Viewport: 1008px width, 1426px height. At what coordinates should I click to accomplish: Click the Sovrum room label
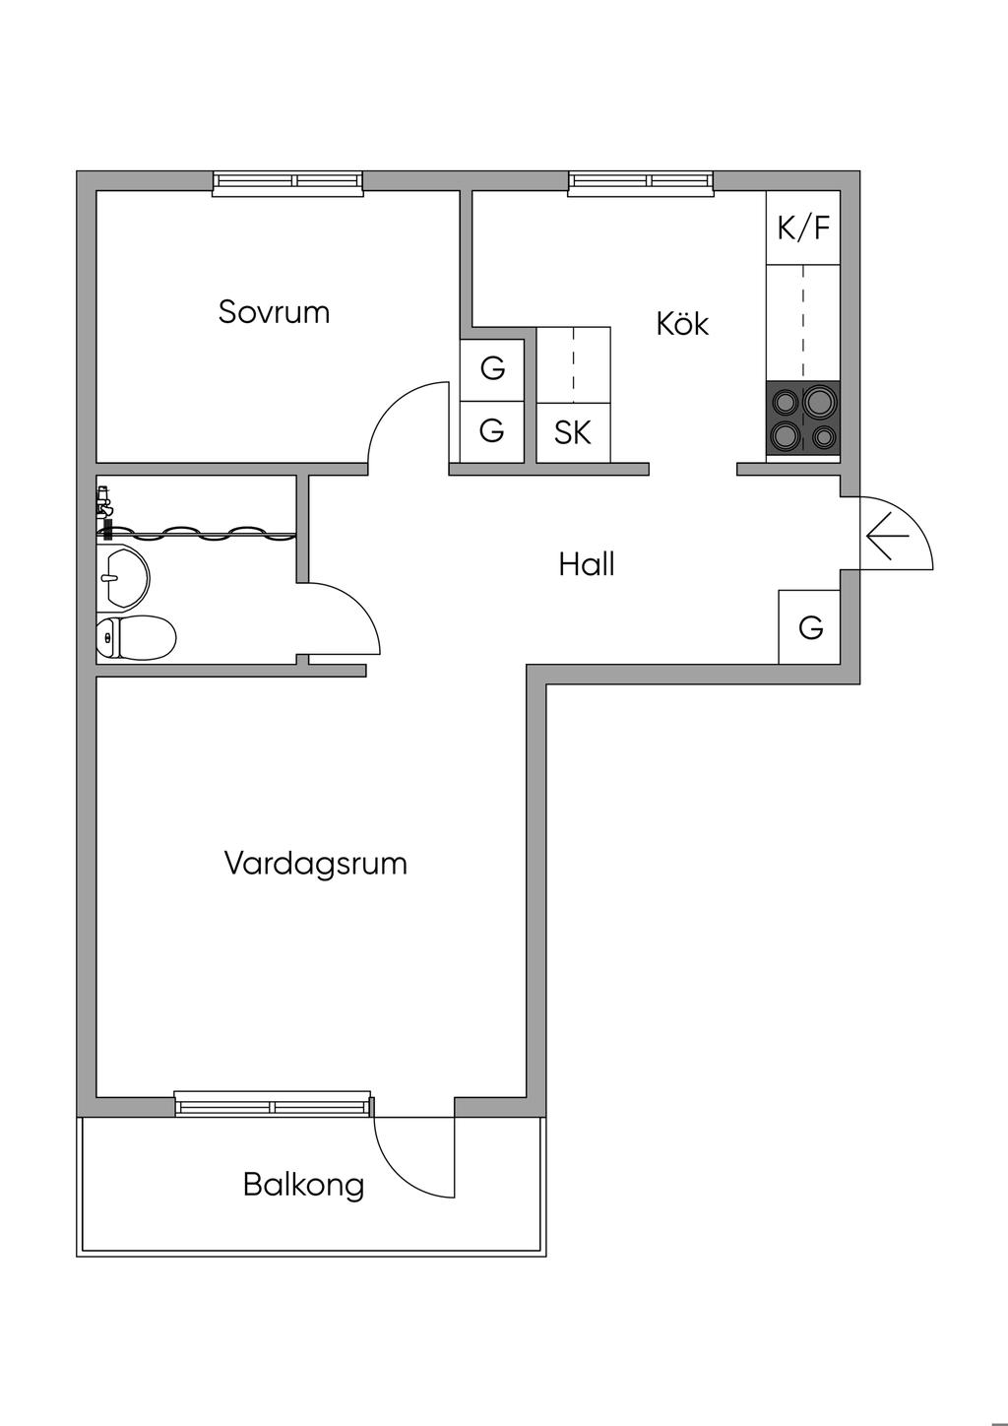pyautogui.click(x=274, y=312)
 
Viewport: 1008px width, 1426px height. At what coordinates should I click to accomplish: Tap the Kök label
pyautogui.click(x=682, y=324)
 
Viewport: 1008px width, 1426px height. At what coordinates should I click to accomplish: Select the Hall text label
pyautogui.click(x=587, y=564)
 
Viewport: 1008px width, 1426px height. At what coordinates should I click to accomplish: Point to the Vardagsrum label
pyautogui.click(x=315, y=864)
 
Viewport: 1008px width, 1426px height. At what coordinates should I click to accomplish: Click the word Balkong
pyautogui.click(x=303, y=1184)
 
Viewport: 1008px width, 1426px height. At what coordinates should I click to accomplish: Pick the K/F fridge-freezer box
pyautogui.click(x=803, y=228)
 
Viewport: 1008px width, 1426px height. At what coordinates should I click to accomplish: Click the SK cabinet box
pyautogui.click(x=573, y=432)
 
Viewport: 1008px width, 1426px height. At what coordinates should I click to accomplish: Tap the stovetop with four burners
pyautogui.click(x=803, y=419)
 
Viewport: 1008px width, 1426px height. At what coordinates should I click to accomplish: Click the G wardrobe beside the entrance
pyautogui.click(x=810, y=626)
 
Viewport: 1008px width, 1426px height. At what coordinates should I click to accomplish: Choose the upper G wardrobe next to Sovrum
pyautogui.click(x=492, y=369)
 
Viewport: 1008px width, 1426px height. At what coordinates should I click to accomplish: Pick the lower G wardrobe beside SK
pyautogui.click(x=492, y=431)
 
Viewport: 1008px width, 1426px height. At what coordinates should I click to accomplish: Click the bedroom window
pyautogui.click(x=288, y=182)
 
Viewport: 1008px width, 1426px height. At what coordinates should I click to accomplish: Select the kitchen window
pyautogui.click(x=641, y=182)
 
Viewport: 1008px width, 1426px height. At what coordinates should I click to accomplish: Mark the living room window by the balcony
pyautogui.click(x=274, y=1105)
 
